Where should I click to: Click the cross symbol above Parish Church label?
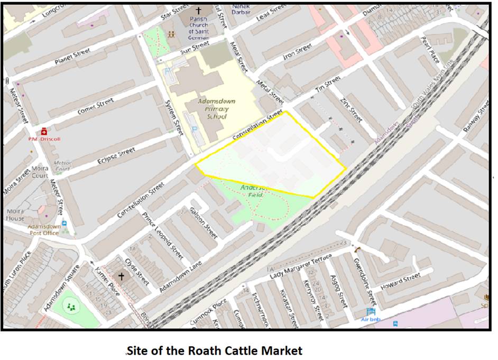(199, 11)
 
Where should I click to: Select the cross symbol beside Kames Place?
(121, 276)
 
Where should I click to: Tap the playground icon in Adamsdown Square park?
(71, 306)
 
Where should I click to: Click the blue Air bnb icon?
(371, 312)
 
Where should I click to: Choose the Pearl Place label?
(429, 50)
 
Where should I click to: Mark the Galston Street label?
(204, 223)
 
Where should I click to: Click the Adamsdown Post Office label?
(43, 229)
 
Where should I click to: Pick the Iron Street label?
(297, 51)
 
